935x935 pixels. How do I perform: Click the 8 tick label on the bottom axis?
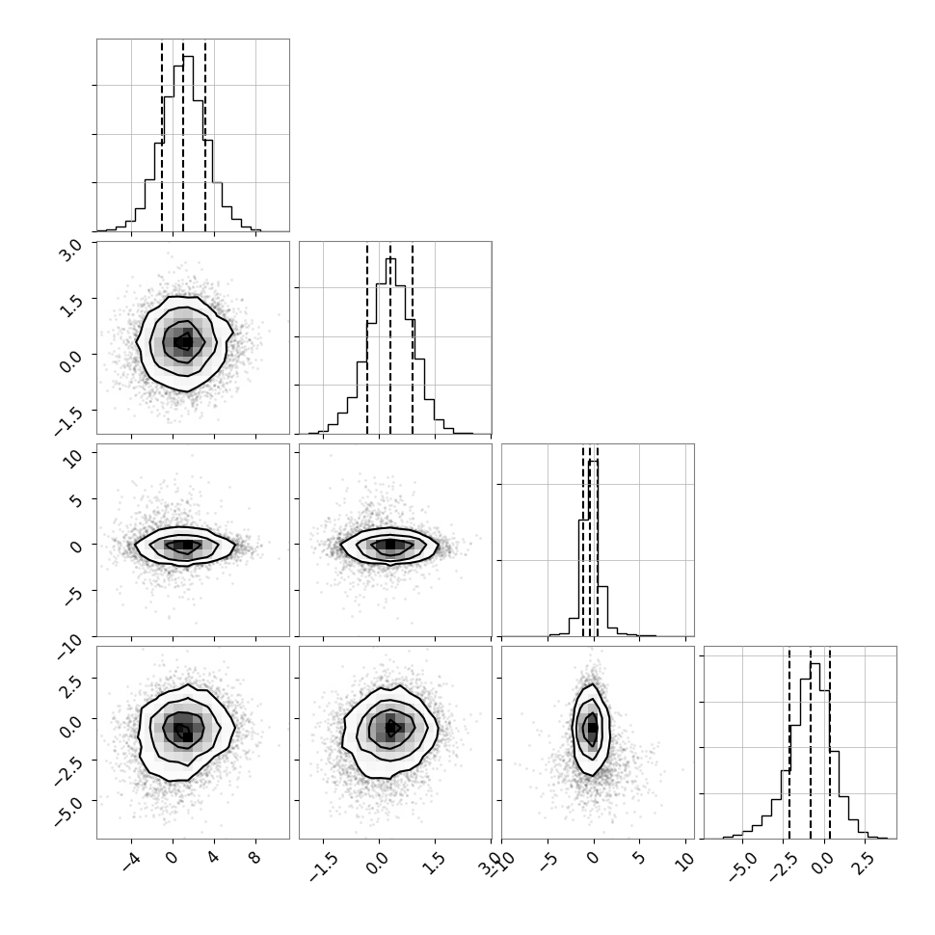[x=255, y=858]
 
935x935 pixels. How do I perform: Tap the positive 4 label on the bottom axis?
[x=213, y=858]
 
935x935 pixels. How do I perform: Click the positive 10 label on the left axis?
[x=72, y=458]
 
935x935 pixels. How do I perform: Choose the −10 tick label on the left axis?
[x=68, y=647]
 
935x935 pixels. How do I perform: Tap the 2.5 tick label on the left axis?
[x=69, y=684]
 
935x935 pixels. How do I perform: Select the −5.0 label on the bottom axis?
[x=743, y=868]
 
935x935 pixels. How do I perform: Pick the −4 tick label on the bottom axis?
[x=131, y=862]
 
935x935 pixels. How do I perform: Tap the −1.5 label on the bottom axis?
[x=325, y=868]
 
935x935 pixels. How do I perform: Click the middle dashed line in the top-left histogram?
[x=183, y=136]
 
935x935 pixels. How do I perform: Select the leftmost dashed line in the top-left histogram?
[x=162, y=136]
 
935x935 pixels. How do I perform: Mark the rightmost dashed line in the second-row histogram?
[x=412, y=338]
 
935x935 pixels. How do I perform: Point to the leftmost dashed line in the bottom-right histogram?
[x=788, y=743]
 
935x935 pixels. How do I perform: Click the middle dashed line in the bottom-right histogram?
[x=811, y=743]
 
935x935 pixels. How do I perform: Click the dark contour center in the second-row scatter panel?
[x=184, y=341]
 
